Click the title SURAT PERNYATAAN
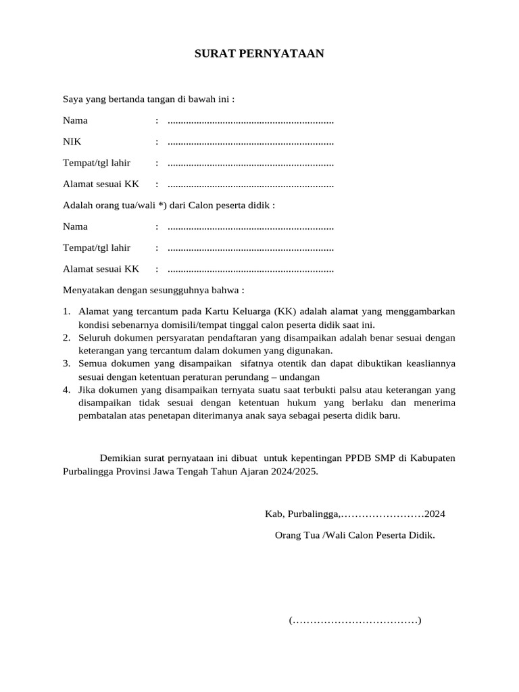point(259,53)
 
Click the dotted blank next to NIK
point(250,143)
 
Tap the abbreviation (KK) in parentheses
point(287,312)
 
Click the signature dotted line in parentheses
point(355,620)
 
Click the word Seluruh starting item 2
point(94,337)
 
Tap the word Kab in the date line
point(272,514)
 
